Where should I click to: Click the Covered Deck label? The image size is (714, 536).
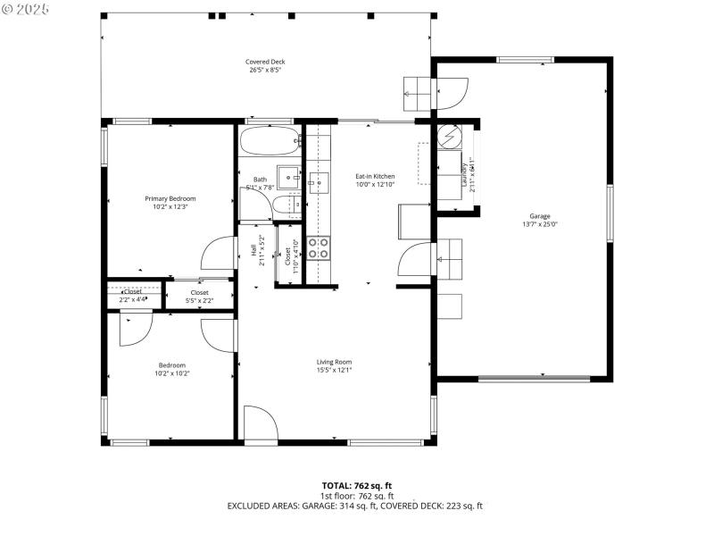265,62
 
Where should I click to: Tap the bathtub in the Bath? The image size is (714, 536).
270,140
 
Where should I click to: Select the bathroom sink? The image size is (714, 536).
287,174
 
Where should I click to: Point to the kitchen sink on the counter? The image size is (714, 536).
318,184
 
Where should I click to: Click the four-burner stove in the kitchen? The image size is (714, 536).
319,247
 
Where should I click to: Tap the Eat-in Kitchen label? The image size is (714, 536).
375,176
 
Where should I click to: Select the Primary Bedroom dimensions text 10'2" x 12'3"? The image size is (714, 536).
170,206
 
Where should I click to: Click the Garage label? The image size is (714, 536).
539,216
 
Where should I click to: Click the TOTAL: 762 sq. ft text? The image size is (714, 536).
357,485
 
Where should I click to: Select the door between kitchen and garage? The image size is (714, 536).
416,261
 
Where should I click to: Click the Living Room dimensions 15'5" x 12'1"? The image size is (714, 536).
335,370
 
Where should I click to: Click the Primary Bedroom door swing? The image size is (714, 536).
220,255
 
